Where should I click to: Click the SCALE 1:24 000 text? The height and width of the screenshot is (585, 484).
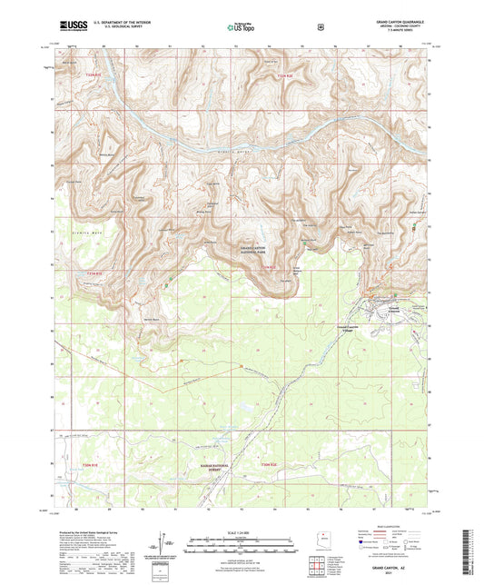242,532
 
